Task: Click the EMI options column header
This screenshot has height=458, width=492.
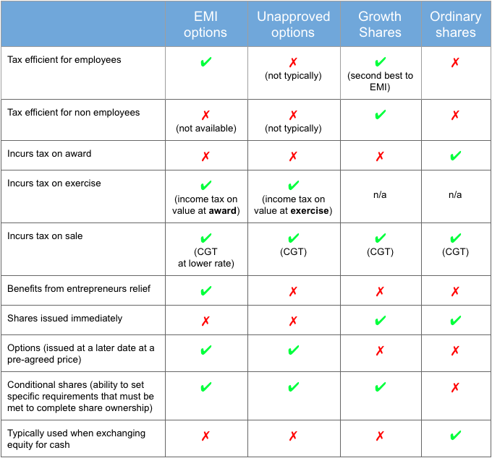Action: click(x=205, y=25)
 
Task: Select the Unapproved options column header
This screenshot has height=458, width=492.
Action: click(x=293, y=25)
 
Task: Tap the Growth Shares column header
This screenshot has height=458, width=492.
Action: click(x=380, y=25)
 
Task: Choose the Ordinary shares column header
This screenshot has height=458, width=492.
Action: click(x=455, y=25)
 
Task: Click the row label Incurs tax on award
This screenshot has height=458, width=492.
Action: click(x=49, y=154)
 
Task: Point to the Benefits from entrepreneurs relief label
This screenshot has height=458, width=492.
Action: click(x=79, y=289)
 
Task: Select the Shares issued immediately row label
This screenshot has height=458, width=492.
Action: click(x=64, y=319)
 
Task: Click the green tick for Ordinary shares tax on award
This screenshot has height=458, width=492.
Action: click(x=455, y=155)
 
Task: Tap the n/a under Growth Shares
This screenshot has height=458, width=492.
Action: click(x=380, y=195)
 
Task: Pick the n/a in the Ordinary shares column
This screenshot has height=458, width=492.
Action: click(x=455, y=195)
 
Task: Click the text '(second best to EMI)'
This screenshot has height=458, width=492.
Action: click(x=380, y=82)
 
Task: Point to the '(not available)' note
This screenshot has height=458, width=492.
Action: click(x=205, y=129)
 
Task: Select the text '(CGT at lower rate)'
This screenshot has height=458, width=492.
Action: click(x=205, y=257)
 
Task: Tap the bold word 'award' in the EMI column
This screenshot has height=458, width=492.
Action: click(x=224, y=211)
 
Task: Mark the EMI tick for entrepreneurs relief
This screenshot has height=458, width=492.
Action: click(x=205, y=291)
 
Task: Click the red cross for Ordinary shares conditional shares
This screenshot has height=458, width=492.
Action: click(x=455, y=388)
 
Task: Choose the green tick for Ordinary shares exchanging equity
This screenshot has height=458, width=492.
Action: click(x=455, y=436)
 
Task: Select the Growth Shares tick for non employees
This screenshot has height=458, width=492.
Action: click(x=380, y=114)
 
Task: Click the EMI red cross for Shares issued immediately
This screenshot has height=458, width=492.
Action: click(x=205, y=321)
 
